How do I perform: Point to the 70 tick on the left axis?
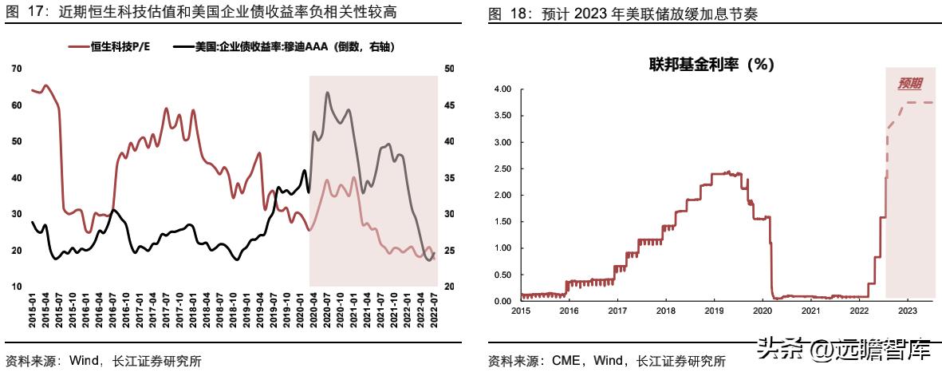point(17,69)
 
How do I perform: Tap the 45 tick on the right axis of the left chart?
point(449,105)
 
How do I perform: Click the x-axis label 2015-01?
point(33,306)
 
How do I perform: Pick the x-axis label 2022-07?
point(434,306)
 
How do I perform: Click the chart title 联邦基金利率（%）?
point(711,65)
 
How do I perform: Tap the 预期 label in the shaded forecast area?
point(909,83)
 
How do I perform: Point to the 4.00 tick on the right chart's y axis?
point(502,89)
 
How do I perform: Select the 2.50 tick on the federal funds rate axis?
point(502,168)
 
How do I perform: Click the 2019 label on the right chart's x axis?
point(714,311)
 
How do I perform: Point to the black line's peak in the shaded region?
point(327,93)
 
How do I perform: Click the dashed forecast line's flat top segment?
point(917,103)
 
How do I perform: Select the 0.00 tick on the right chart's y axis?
point(502,301)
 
